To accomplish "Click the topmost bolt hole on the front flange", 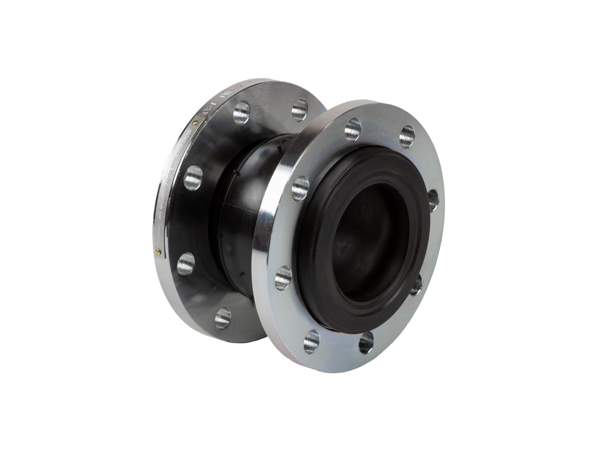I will pyautogui.click(x=352, y=129).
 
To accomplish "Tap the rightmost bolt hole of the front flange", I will pyautogui.click(x=433, y=200).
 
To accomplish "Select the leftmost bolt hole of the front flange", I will pyautogui.click(x=283, y=277).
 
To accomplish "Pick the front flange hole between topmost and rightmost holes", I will pyautogui.click(x=407, y=136).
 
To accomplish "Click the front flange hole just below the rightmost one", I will pyautogui.click(x=416, y=284).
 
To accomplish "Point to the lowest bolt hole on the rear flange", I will pyautogui.click(x=223, y=318).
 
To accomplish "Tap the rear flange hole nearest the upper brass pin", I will pyautogui.click(x=241, y=112).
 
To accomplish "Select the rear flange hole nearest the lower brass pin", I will pyautogui.click(x=186, y=263).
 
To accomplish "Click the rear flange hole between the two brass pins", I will pyautogui.click(x=193, y=177).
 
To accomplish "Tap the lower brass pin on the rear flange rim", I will pyautogui.click(x=158, y=252).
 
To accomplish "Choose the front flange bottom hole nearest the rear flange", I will pyautogui.click(x=311, y=341).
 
